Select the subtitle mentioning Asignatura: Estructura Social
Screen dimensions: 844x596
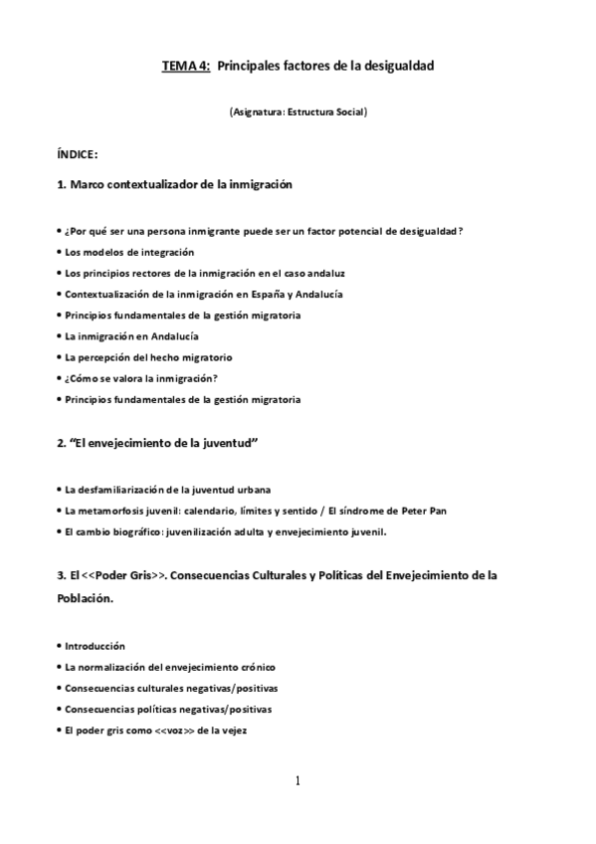click(x=298, y=112)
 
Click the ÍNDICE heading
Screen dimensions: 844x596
click(x=77, y=154)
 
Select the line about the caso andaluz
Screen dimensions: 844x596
click(x=204, y=273)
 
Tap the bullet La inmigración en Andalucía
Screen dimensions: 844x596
click(x=131, y=336)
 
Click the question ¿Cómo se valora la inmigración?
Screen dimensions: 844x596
click(x=140, y=378)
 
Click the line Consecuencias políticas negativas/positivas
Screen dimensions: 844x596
click(x=168, y=710)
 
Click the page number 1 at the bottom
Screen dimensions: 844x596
click(x=297, y=780)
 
